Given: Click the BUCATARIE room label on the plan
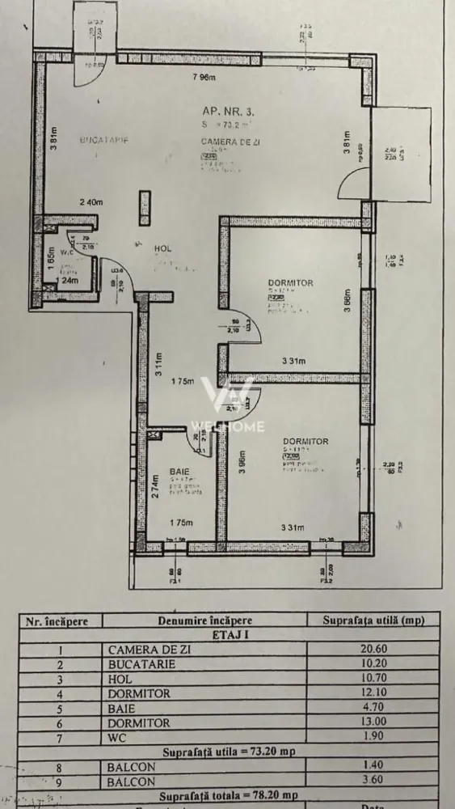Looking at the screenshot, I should pos(104,141).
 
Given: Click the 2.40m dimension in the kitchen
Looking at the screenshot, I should pos(93,202).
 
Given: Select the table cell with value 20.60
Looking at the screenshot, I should pos(373,649).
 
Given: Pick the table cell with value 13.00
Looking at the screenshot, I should pos(373,722).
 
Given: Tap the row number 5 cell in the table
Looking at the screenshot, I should pos(61,708).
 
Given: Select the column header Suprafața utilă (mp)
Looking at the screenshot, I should pos(373,621).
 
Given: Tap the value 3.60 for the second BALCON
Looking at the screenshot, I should pos(373,781).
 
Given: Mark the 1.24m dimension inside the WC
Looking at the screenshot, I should pos(67,281).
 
